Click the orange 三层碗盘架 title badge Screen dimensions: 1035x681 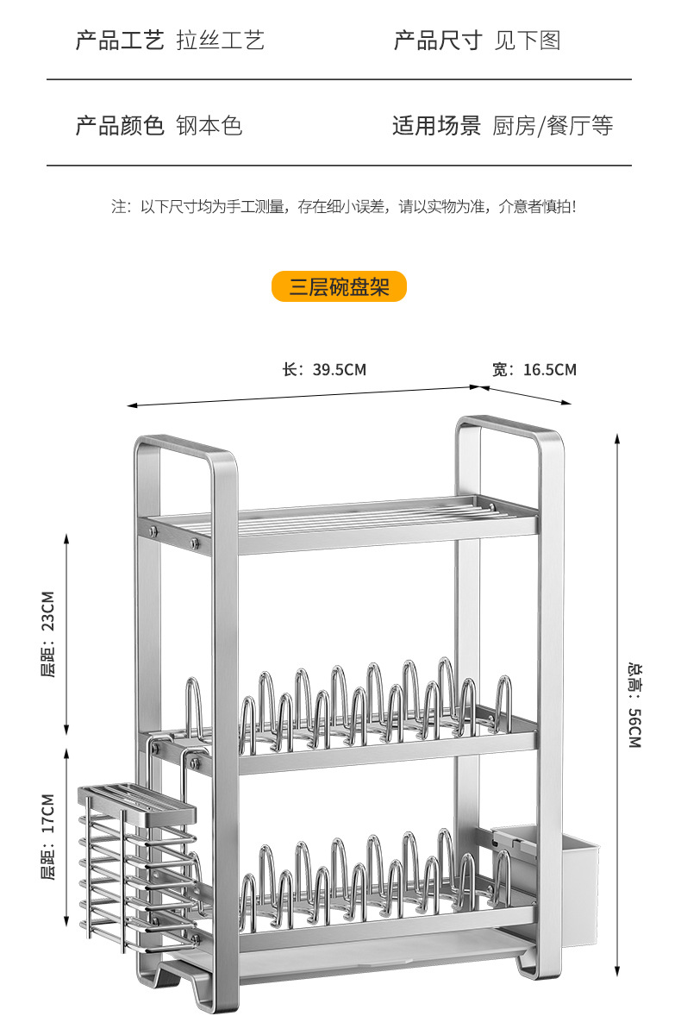[x=339, y=286]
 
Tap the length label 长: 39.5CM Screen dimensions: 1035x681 [x=324, y=370]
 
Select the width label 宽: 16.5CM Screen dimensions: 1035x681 [x=534, y=370]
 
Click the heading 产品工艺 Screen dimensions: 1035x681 [x=120, y=41]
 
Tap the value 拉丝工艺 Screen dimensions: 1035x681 [x=220, y=41]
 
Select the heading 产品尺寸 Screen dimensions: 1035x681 [x=437, y=41]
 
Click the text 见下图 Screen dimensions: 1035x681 [x=527, y=41]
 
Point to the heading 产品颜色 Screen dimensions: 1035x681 [x=120, y=126]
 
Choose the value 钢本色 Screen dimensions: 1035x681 [x=209, y=126]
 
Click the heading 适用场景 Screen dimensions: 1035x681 [x=437, y=126]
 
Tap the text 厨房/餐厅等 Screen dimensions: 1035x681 [x=553, y=126]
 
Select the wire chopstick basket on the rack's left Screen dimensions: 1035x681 [x=138, y=862]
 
